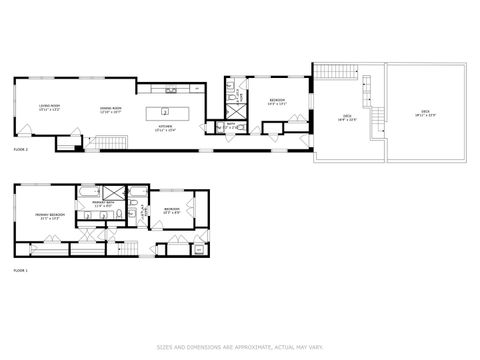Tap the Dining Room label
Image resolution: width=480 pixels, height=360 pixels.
110,109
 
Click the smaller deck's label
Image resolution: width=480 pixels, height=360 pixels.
347,118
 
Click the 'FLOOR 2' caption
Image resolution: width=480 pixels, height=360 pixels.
20,149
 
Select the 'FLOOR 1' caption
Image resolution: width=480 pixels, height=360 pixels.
20,270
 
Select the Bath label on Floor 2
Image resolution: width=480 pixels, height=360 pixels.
229,126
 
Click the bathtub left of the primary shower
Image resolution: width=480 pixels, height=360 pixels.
89,190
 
